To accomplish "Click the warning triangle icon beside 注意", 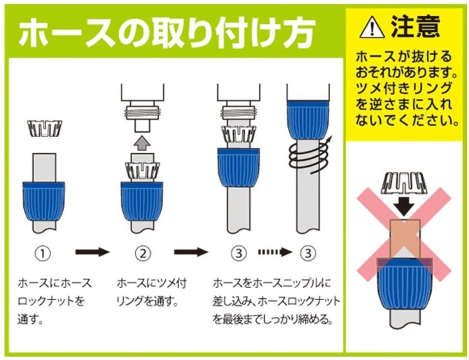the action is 372,28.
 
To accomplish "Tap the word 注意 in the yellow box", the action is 416,26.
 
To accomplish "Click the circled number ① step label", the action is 43,254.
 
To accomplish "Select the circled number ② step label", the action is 142,254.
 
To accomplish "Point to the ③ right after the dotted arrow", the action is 308,254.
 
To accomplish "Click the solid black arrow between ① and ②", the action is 92,252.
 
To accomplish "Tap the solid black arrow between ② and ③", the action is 191,252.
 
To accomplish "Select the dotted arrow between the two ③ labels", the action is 275,252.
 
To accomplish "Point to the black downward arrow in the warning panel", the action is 404,205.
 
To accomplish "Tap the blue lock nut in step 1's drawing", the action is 44,201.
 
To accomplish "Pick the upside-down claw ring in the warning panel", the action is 404,183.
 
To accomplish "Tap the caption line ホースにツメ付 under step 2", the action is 151,283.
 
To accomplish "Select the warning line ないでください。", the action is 407,120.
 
